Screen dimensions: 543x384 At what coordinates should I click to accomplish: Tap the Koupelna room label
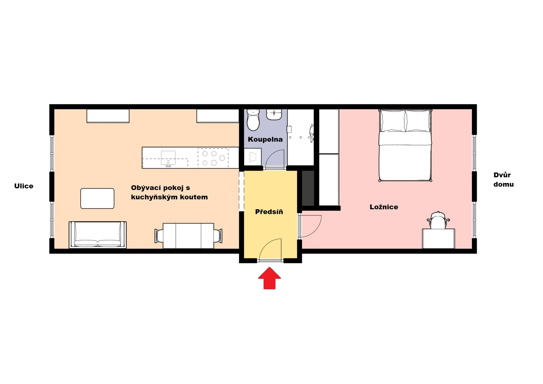click(x=265, y=139)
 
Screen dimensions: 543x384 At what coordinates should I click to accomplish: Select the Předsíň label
click(x=269, y=212)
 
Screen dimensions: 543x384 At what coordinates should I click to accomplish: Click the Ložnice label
click(x=384, y=207)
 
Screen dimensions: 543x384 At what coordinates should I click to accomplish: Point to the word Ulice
click(x=24, y=186)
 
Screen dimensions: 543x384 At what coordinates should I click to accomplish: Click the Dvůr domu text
click(x=503, y=180)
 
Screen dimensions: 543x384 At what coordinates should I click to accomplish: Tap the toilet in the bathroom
click(x=253, y=120)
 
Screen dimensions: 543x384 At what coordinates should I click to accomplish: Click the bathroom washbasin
click(x=274, y=115)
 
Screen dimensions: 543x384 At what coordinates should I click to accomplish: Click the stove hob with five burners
click(x=213, y=158)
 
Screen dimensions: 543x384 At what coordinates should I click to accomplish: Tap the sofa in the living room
click(x=98, y=235)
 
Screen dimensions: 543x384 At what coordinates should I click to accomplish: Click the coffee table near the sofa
click(x=97, y=199)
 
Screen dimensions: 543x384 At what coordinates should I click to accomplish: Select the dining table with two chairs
click(x=188, y=236)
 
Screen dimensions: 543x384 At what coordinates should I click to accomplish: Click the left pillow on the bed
click(x=393, y=121)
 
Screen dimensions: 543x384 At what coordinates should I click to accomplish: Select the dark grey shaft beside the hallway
click(x=308, y=188)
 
